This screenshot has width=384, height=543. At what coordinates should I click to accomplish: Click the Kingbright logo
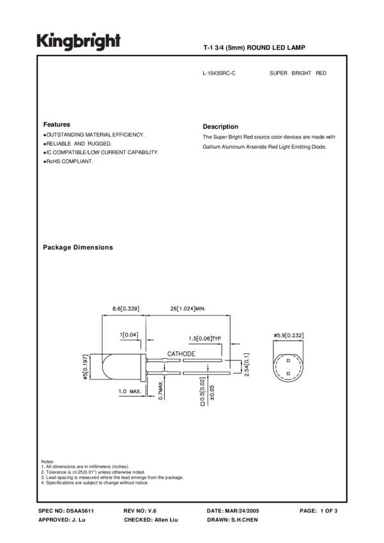tap(79, 42)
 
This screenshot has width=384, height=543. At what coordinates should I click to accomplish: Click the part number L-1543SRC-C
tap(219, 73)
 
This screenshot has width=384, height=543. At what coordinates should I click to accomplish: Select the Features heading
tap(57, 125)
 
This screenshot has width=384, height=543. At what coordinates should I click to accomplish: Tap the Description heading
tap(220, 126)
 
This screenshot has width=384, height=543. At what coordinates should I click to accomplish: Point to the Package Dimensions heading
tap(78, 247)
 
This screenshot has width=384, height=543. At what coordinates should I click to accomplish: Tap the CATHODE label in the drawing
tap(181, 353)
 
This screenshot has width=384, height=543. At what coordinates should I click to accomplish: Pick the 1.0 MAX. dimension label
tap(130, 391)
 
